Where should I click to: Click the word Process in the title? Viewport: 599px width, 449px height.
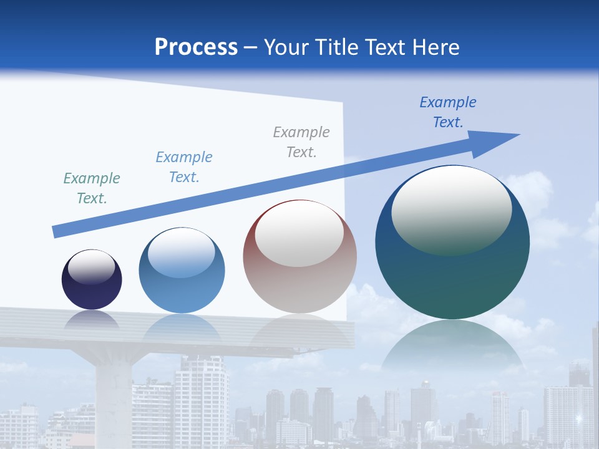click(196, 47)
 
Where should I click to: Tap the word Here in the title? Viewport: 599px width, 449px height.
click(435, 47)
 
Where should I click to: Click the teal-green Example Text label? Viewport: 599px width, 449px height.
click(92, 188)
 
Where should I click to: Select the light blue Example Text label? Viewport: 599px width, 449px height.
click(184, 167)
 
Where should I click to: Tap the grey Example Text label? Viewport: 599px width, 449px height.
click(301, 142)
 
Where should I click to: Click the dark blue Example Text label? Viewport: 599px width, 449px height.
click(448, 112)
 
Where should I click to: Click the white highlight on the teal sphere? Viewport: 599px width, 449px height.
click(451, 209)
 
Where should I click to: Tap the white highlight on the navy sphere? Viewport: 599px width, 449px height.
click(92, 267)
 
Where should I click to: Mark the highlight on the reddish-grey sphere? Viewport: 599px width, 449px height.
click(299, 234)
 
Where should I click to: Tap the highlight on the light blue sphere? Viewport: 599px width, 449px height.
click(182, 253)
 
